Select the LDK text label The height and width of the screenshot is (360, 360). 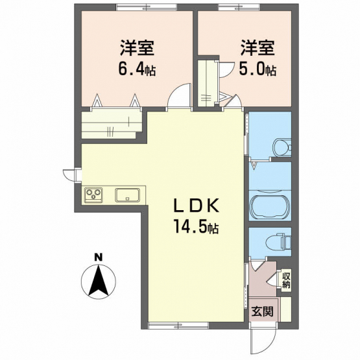click(x=196, y=206)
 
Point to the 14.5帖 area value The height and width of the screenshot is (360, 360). click(x=196, y=226)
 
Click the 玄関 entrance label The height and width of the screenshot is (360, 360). click(x=263, y=311)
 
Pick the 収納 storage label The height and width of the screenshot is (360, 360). click(x=286, y=281)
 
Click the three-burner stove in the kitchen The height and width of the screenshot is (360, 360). click(x=93, y=195)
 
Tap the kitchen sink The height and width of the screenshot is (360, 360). click(x=127, y=195)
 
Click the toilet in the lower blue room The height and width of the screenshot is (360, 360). click(x=278, y=241)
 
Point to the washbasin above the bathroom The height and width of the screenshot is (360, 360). click(x=282, y=147)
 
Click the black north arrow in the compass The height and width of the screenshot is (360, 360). click(x=99, y=281)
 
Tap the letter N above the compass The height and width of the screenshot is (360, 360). click(x=99, y=257)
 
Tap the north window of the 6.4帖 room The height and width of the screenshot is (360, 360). click(x=147, y=7)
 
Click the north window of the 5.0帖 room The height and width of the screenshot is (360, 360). click(x=239, y=7)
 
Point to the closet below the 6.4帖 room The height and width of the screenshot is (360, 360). click(x=112, y=124)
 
